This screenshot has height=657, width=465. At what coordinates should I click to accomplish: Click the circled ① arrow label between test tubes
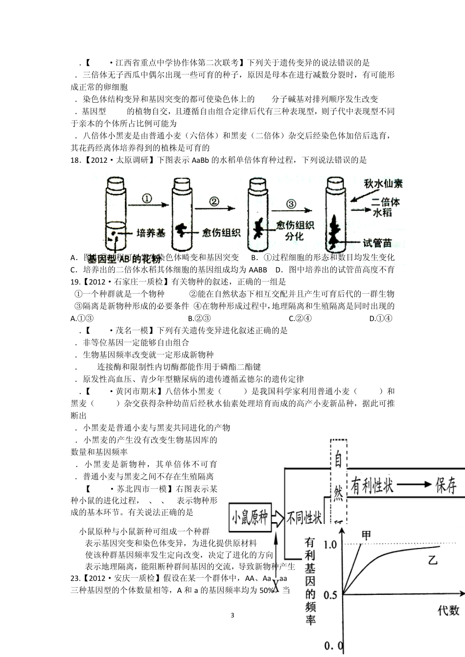pos(147,198)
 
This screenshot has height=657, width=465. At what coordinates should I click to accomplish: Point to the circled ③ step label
pos(291,204)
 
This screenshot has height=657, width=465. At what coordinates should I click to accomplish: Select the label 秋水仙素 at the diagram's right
pos(384,184)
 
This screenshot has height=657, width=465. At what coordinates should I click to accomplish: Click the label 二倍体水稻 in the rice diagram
pos(386,207)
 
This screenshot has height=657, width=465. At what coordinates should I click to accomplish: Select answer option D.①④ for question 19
pos(381,318)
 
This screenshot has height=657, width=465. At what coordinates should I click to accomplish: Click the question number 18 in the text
pos(75,160)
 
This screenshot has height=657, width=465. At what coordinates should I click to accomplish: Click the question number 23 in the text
pos(75,578)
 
